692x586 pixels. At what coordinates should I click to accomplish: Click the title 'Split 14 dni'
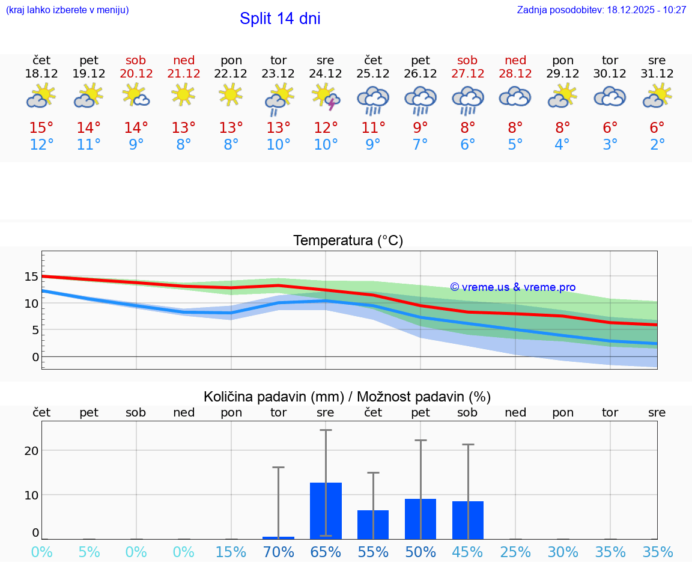[x=280, y=19]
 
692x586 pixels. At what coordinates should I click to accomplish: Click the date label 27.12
[x=467, y=73]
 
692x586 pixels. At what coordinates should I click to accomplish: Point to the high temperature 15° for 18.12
[x=41, y=128]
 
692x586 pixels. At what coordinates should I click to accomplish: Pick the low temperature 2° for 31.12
[x=657, y=145]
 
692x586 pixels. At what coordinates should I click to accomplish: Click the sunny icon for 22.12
[x=231, y=95]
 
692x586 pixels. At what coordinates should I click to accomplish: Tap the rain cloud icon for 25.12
[x=373, y=99]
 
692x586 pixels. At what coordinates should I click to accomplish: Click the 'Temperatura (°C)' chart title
[x=348, y=241]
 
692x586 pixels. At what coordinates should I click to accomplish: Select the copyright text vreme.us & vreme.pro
[x=513, y=287]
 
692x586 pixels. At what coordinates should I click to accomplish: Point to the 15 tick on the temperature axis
[x=31, y=276]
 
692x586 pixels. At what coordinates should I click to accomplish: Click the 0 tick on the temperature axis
[x=35, y=357]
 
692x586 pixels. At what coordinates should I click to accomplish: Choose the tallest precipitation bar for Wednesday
[x=326, y=510]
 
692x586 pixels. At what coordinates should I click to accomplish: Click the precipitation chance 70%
[x=279, y=552]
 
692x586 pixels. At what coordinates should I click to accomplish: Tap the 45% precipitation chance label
[x=467, y=552]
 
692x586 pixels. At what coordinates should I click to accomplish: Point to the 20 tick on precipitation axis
[x=31, y=451]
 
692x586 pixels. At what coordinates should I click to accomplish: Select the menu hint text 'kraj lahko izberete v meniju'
[x=67, y=10]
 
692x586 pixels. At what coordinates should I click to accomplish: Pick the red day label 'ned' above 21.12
[x=184, y=60]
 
